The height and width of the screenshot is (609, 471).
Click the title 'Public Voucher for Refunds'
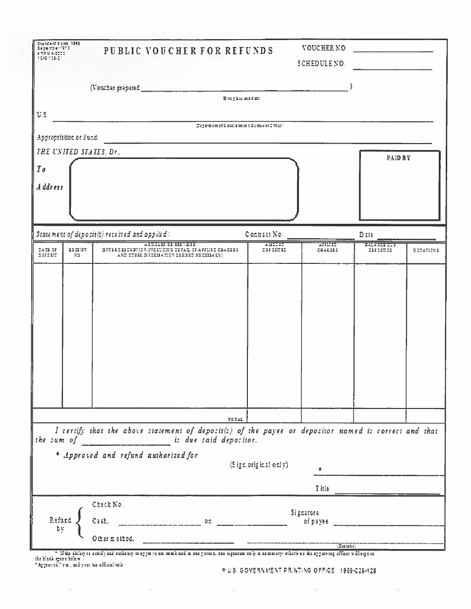coord(188,51)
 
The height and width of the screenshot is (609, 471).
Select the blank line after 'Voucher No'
coord(393,51)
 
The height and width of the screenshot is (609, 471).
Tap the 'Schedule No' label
coord(321,64)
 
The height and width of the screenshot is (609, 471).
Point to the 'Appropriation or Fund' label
coord(67,137)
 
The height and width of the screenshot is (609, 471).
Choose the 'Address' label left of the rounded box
coord(50,187)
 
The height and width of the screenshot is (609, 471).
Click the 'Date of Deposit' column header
coord(48,252)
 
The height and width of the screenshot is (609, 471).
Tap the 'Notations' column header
coord(425,251)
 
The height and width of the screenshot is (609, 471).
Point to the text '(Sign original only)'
coord(259,464)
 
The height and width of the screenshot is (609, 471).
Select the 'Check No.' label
coord(107,505)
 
